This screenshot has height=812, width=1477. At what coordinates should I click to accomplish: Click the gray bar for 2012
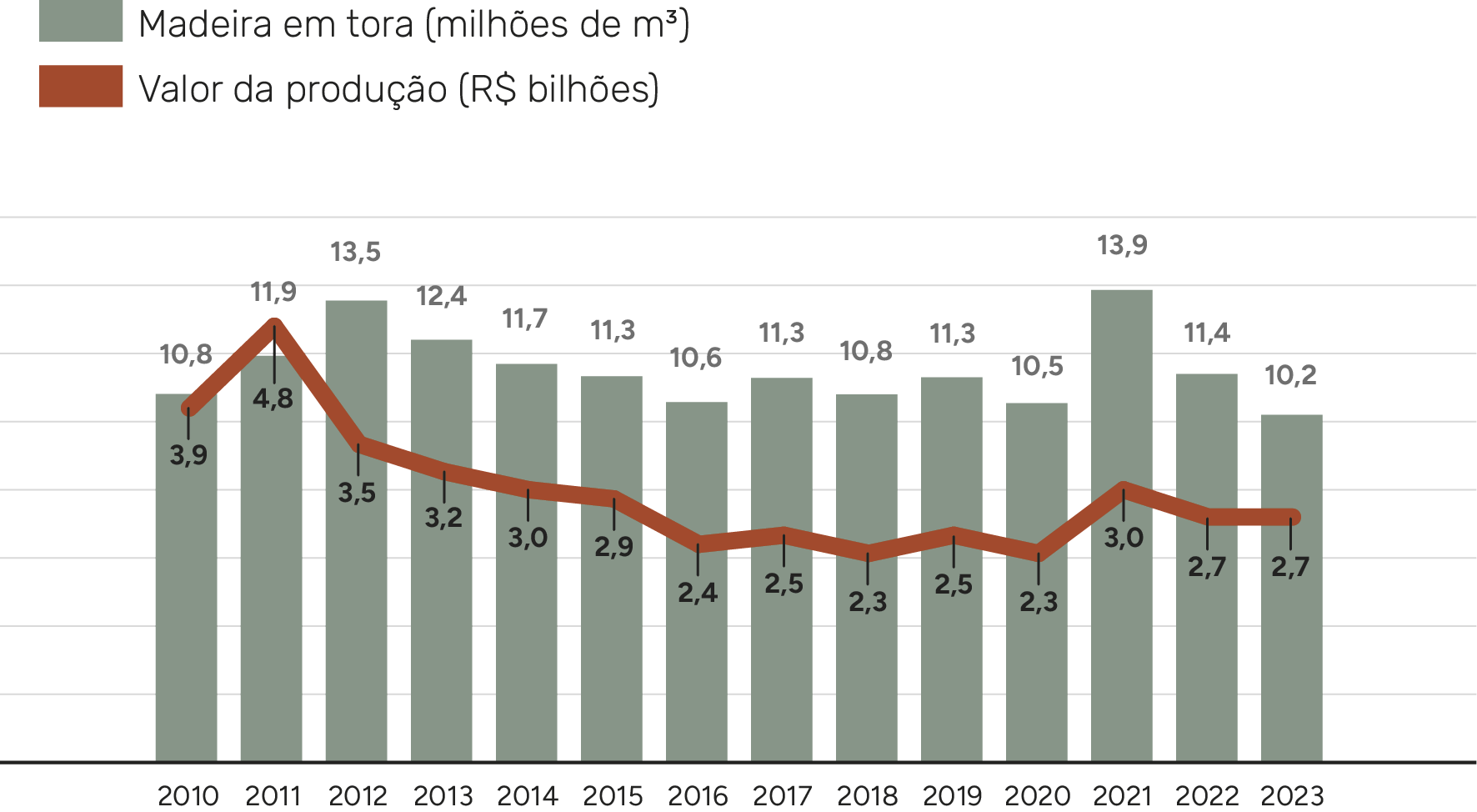click(x=356, y=600)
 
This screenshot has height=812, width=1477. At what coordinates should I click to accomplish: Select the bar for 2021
click(x=1121, y=634)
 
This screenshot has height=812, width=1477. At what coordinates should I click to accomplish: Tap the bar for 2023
click(x=1291, y=650)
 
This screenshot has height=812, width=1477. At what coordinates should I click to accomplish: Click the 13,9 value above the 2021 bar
click(x=1122, y=245)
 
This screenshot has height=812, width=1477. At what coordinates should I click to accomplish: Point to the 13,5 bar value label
click(x=355, y=252)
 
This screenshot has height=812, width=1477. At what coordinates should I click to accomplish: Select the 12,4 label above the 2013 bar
click(x=441, y=296)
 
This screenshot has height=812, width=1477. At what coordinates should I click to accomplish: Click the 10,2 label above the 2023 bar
click(x=1290, y=375)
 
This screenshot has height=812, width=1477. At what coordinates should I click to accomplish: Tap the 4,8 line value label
click(x=273, y=398)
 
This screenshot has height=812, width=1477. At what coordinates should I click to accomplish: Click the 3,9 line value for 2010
click(x=188, y=455)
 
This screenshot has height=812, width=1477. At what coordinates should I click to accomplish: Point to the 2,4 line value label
click(x=698, y=593)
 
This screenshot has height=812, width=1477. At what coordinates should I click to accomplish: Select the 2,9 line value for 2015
click(x=613, y=547)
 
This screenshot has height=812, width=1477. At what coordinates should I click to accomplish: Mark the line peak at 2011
click(x=273, y=324)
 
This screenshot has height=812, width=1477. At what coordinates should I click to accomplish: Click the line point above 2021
click(x=1123, y=489)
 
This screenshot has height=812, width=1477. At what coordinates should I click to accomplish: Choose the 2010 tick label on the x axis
click(x=188, y=795)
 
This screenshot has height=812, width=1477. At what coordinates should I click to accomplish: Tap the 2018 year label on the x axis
click(x=867, y=795)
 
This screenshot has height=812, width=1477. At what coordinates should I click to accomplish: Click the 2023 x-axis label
click(x=1291, y=795)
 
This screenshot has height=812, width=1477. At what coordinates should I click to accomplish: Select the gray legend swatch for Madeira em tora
click(x=81, y=21)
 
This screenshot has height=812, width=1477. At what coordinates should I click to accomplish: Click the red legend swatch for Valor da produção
click(x=81, y=87)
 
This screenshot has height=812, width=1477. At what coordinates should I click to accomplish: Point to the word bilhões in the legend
click(x=593, y=88)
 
